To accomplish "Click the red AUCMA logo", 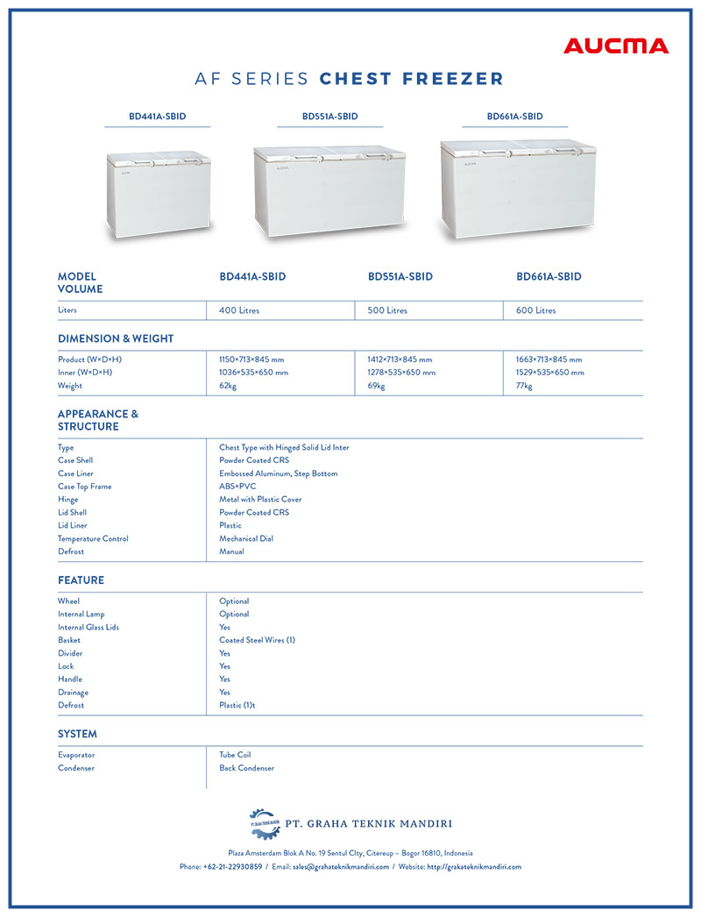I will coord(615,46).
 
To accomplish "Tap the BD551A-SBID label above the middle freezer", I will coord(329,117).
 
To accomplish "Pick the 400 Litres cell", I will coord(239,310).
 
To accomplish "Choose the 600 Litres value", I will coord(535,310).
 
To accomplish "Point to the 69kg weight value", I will coord(376,386).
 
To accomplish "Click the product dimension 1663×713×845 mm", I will coord(549,359).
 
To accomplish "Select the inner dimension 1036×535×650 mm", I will coord(253,373).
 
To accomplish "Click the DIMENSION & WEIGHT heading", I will coord(116,338).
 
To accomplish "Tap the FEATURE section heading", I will coord(81,580).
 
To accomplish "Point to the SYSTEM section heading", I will coord(77,734).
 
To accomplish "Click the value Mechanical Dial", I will coord(247,538).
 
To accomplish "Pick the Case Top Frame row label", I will coord(85,487).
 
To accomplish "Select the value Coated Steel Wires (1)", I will coord(257,640).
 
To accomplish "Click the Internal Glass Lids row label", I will coord(89,628).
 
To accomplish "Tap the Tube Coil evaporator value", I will coord(235,755).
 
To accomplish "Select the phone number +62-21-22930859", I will coord(232,867).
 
